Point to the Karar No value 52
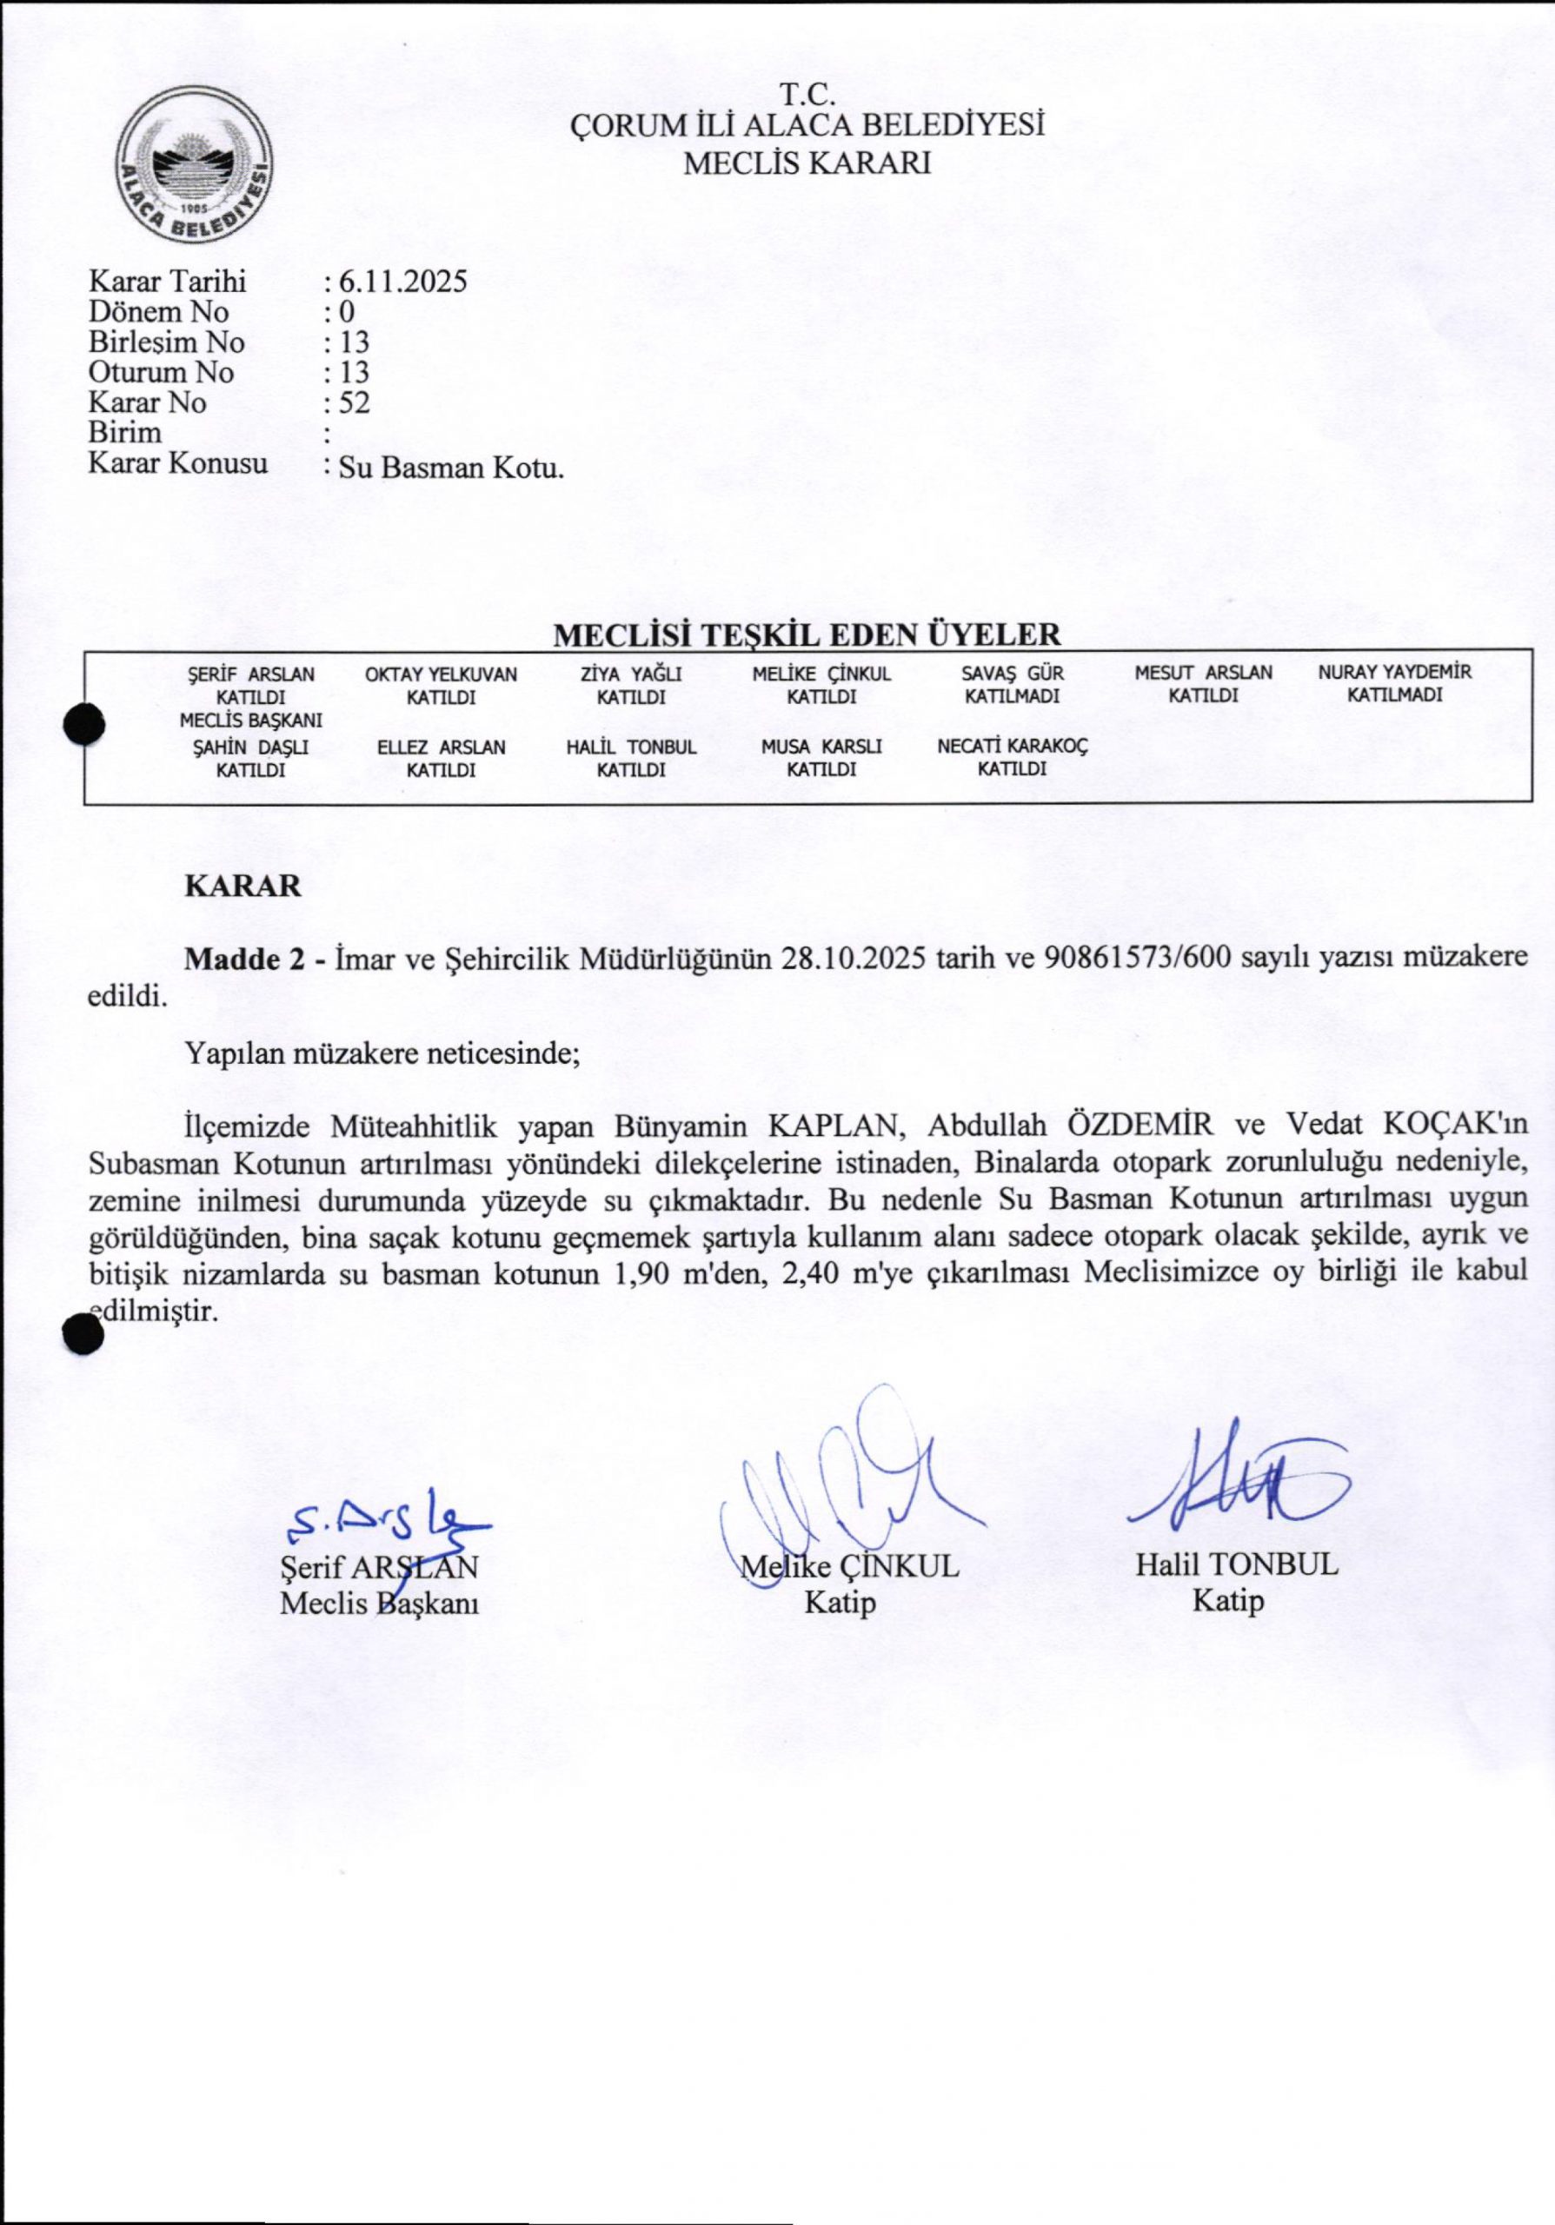(x=354, y=402)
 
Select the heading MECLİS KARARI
(x=807, y=163)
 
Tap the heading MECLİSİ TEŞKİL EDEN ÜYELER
(x=807, y=634)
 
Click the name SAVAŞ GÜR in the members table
(x=1013, y=674)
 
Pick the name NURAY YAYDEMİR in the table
(x=1395, y=672)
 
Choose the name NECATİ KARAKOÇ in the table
(x=1013, y=747)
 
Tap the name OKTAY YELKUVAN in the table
(x=441, y=674)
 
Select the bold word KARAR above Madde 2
(x=243, y=887)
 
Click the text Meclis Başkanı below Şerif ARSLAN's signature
(x=380, y=1604)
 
